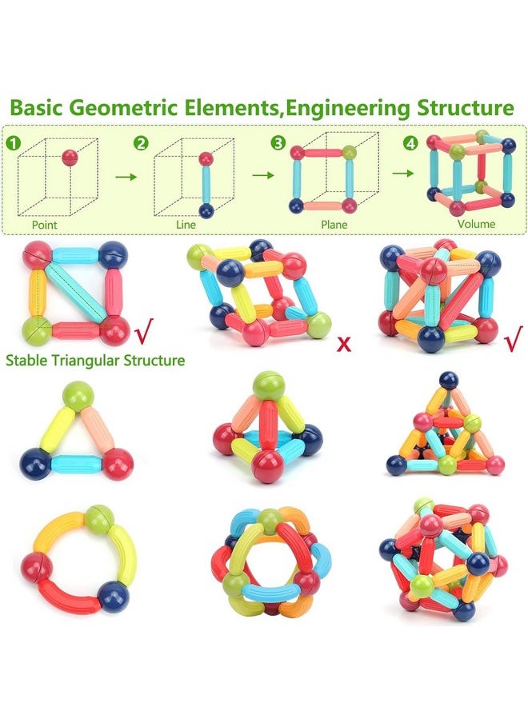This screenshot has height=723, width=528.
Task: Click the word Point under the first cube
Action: pyautogui.click(x=45, y=225)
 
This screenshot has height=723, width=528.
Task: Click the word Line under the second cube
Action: pyautogui.click(x=186, y=225)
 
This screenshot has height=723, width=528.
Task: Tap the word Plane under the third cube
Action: pyautogui.click(x=334, y=225)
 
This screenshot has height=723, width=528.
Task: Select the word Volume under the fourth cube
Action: pyautogui.click(x=477, y=225)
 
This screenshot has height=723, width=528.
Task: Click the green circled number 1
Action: pyautogui.click(x=13, y=143)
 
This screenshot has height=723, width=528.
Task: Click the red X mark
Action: pyautogui.click(x=345, y=345)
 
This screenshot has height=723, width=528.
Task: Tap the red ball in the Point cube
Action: pyautogui.click(x=70, y=156)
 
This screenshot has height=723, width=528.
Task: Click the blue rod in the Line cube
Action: pyautogui.click(x=206, y=186)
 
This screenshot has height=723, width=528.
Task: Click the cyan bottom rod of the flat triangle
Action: pyautogui.click(x=76, y=463)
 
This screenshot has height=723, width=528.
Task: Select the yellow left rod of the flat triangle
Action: pyautogui.click(x=52, y=429)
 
